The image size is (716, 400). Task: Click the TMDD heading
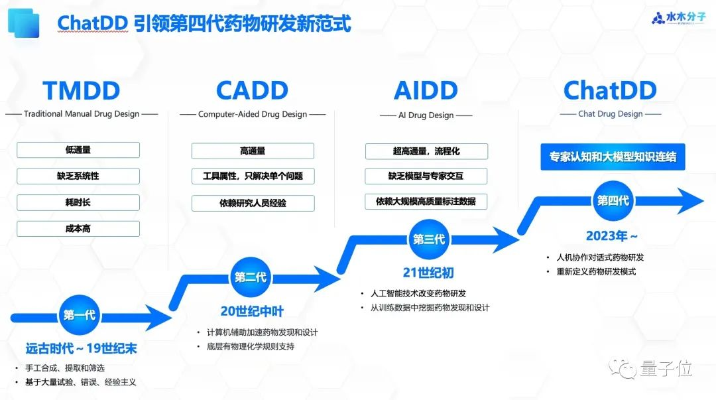click(82, 91)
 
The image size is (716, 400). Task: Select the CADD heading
click(252, 91)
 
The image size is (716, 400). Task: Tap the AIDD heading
click(426, 91)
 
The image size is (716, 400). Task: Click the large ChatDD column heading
click(609, 91)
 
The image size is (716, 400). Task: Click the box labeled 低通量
click(78, 150)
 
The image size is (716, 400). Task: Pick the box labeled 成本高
click(78, 229)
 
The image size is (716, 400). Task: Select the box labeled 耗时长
click(78, 202)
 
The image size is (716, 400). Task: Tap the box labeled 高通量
click(253, 151)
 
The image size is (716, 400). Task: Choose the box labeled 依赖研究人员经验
click(253, 203)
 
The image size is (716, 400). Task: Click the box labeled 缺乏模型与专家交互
click(426, 176)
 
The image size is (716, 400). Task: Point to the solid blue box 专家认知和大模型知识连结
click(613, 158)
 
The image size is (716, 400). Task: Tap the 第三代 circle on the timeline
click(429, 239)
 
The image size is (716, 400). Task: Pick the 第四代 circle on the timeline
click(613, 200)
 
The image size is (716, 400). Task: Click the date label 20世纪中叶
click(251, 311)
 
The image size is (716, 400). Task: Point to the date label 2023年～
click(611, 236)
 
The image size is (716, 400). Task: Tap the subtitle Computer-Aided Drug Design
click(253, 114)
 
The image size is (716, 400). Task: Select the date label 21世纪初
click(428, 273)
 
